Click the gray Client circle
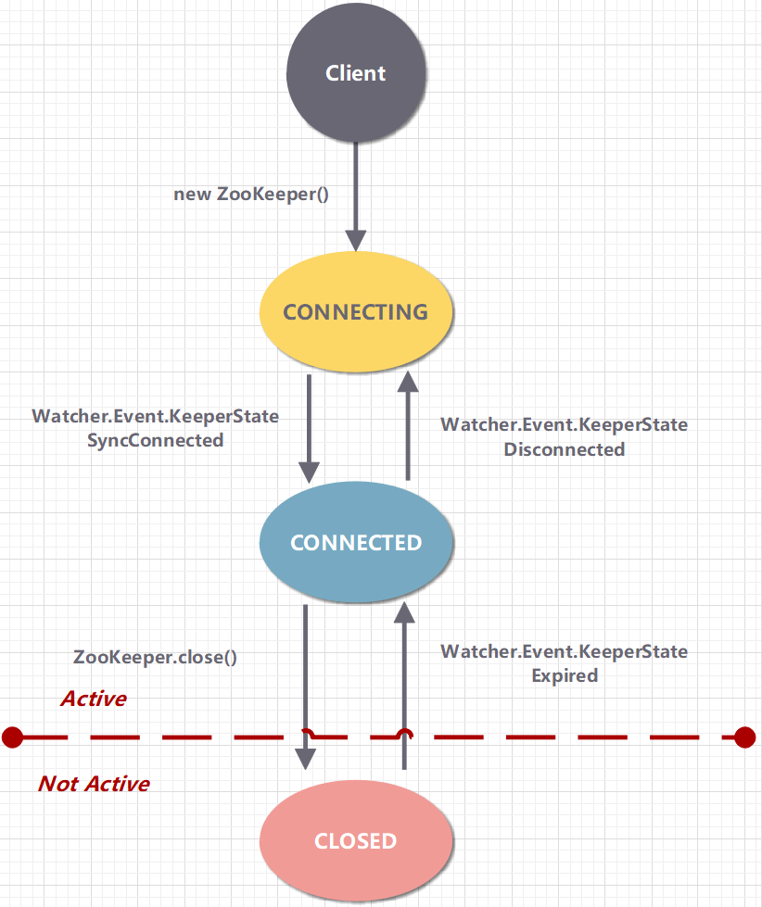click(x=356, y=73)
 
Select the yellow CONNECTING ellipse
click(x=356, y=311)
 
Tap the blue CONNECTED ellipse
click(x=356, y=542)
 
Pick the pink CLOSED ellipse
click(x=356, y=841)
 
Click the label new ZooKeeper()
click(x=251, y=195)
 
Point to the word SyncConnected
click(x=156, y=440)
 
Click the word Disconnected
click(x=564, y=449)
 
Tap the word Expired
click(x=564, y=675)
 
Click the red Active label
click(x=94, y=699)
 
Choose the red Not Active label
click(x=94, y=784)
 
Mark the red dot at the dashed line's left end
click(x=12, y=737)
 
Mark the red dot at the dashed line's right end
click(x=745, y=737)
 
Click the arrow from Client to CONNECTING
click(x=356, y=195)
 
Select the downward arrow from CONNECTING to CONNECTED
click(x=309, y=426)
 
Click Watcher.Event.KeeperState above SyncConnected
click(x=156, y=416)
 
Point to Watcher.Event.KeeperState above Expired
click(x=564, y=651)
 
